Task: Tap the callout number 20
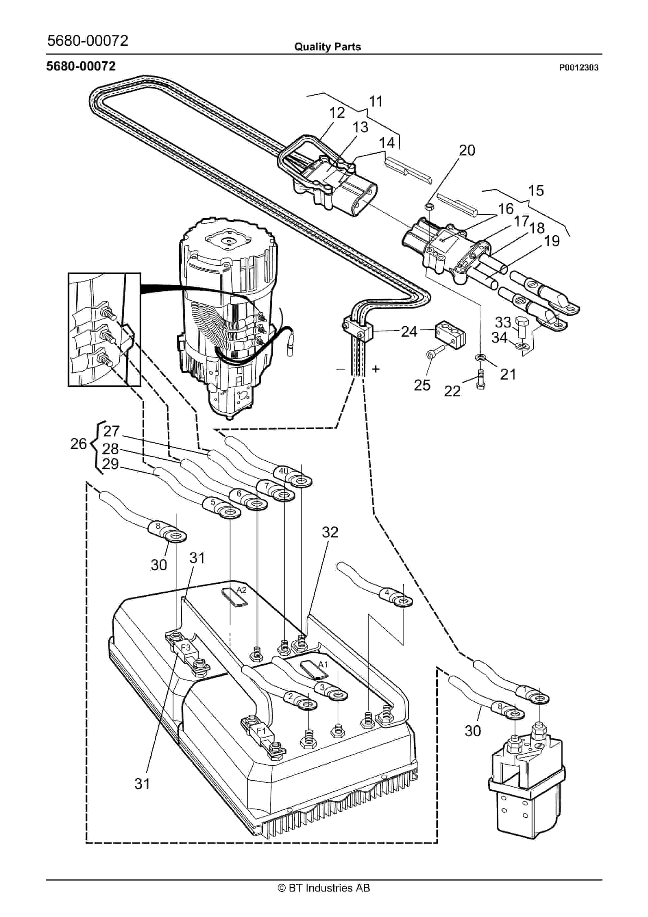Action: click(x=467, y=150)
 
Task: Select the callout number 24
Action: click(x=409, y=332)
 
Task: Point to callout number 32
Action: click(x=330, y=532)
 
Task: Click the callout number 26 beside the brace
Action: click(x=79, y=444)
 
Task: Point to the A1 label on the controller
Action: click(x=323, y=664)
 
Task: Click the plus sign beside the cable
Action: click(x=375, y=369)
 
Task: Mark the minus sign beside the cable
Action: click(x=340, y=370)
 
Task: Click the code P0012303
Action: click(x=579, y=68)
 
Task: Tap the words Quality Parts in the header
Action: click(x=328, y=47)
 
